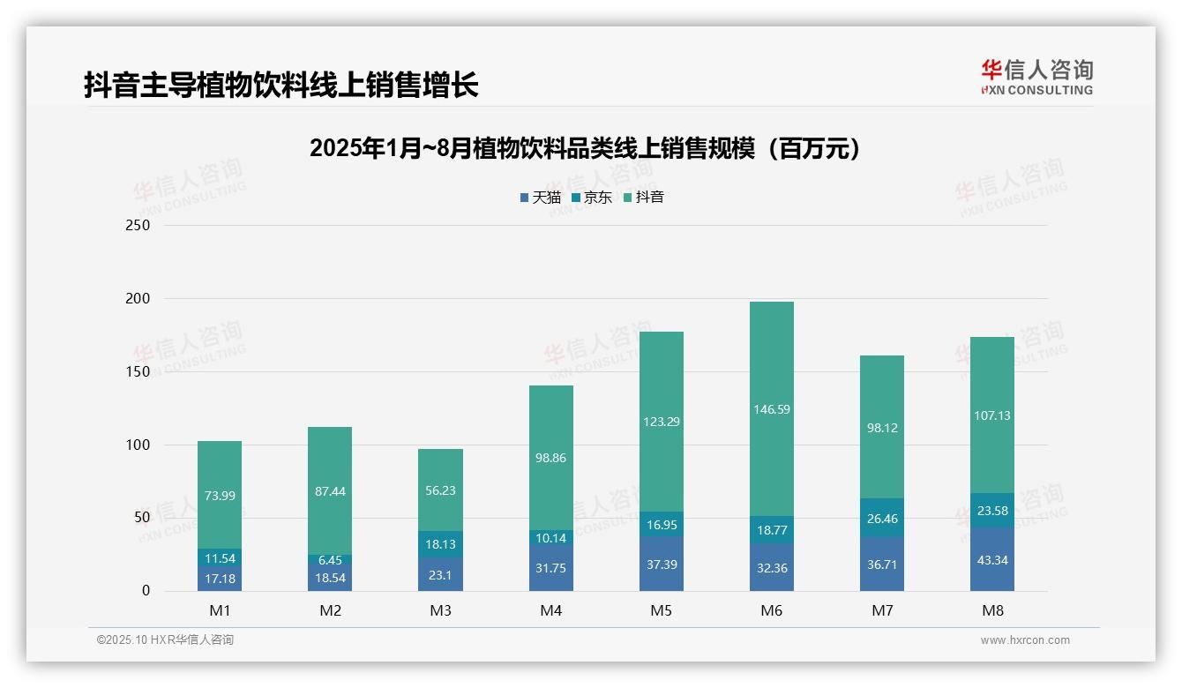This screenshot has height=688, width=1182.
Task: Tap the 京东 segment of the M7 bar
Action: [x=881, y=518]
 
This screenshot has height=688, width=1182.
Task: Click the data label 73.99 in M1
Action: [x=220, y=496]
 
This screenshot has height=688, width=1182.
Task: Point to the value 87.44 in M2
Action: [x=330, y=490]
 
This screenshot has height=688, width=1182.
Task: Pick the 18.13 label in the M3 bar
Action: [x=440, y=544]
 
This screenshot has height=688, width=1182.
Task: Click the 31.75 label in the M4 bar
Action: [x=550, y=568]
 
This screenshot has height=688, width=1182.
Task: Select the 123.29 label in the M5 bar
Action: [x=661, y=422]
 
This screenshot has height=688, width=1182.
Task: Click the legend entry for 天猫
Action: [x=540, y=198]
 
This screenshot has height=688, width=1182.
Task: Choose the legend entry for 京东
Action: [x=592, y=198]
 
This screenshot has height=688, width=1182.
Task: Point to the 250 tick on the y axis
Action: [x=138, y=226]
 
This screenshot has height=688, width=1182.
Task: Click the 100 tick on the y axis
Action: [x=138, y=445]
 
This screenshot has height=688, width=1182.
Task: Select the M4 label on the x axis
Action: [x=550, y=610]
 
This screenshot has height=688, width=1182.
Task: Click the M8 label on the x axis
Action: [x=991, y=610]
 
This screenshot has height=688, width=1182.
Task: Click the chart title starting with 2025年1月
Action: [x=585, y=148]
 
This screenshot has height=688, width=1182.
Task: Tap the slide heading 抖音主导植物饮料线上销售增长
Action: [x=281, y=86]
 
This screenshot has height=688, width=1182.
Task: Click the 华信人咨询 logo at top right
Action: [x=1036, y=77]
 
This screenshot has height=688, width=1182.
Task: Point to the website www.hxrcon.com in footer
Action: [x=1025, y=640]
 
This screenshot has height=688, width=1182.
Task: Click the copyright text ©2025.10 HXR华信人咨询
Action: [x=165, y=640]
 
